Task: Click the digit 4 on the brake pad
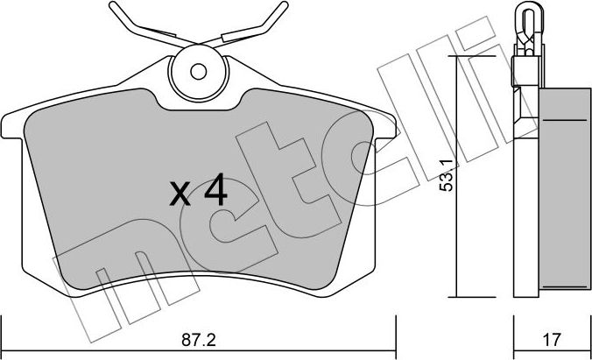(215, 190)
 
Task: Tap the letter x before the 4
(181, 194)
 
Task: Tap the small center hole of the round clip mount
(199, 71)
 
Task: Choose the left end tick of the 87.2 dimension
(3, 325)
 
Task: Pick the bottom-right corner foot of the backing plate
(347, 283)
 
